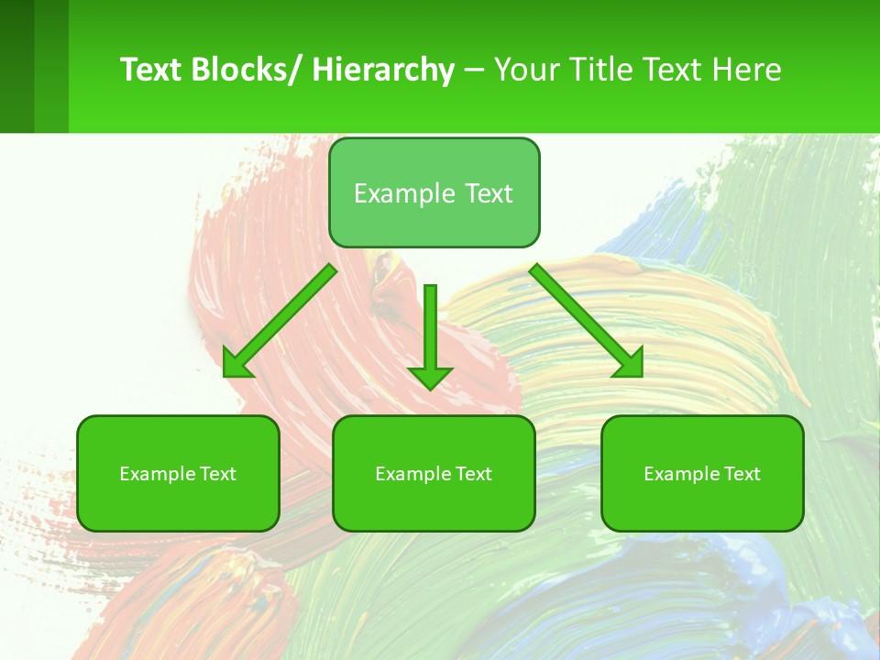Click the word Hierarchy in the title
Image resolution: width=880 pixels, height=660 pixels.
(383, 70)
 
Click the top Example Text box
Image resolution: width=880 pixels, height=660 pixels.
(434, 192)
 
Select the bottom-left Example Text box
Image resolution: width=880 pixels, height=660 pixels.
(178, 473)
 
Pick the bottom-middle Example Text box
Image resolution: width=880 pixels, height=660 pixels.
(434, 473)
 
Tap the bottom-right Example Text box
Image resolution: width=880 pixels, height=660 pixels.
(702, 473)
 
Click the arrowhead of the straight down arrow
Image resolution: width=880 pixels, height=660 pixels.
(430, 376)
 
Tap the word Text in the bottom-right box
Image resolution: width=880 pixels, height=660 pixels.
(742, 474)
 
